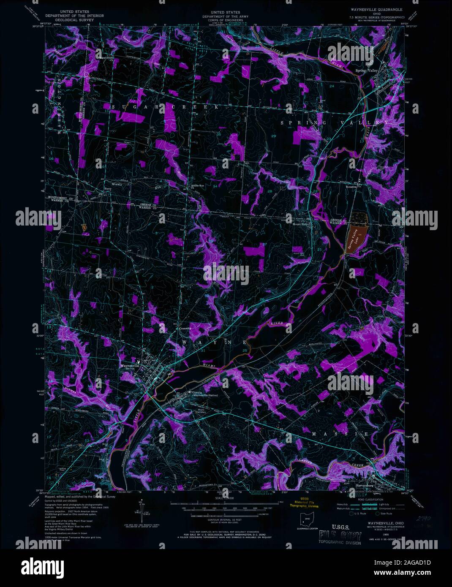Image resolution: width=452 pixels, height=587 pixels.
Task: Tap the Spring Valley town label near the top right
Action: pyautogui.click(x=366, y=71)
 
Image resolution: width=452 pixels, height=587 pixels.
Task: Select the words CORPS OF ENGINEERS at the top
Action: pyautogui.click(x=222, y=20)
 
